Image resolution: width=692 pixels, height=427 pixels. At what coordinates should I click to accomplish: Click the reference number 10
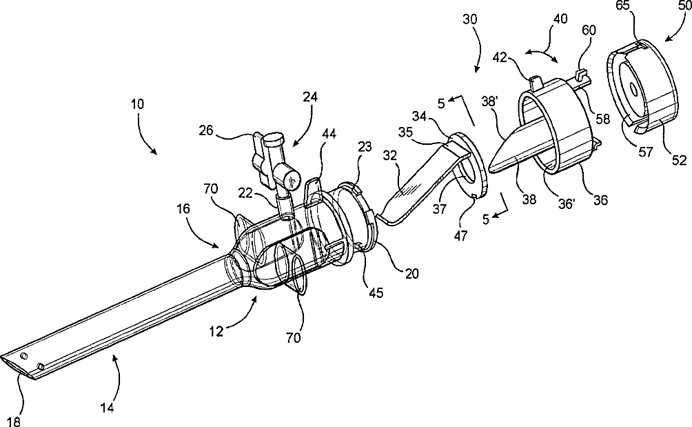136,104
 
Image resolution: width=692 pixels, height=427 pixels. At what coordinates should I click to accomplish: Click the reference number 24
310,97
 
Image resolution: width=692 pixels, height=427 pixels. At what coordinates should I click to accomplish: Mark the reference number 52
679,160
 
